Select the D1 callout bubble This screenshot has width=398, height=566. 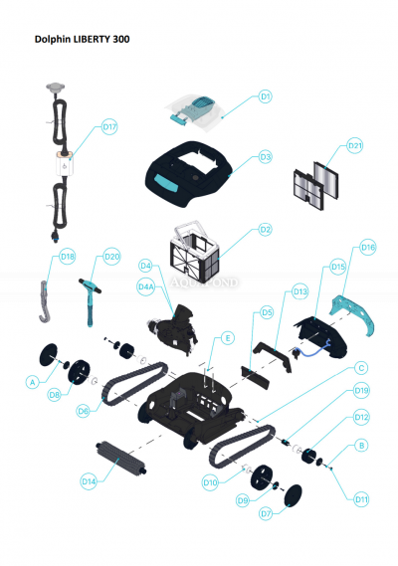click(266, 96)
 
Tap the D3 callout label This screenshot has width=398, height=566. click(266, 157)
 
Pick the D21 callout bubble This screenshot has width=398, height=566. click(355, 146)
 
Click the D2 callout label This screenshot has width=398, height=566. click(265, 230)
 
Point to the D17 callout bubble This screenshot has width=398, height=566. click(109, 127)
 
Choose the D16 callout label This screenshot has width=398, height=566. click(367, 247)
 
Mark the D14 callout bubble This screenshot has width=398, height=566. click(89, 480)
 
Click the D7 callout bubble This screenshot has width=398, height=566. click(266, 514)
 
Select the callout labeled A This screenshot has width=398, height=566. click(33, 381)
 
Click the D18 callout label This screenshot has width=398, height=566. click(68, 256)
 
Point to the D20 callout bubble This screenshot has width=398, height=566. click(111, 256)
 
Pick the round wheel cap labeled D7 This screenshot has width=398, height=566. click(296, 494)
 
